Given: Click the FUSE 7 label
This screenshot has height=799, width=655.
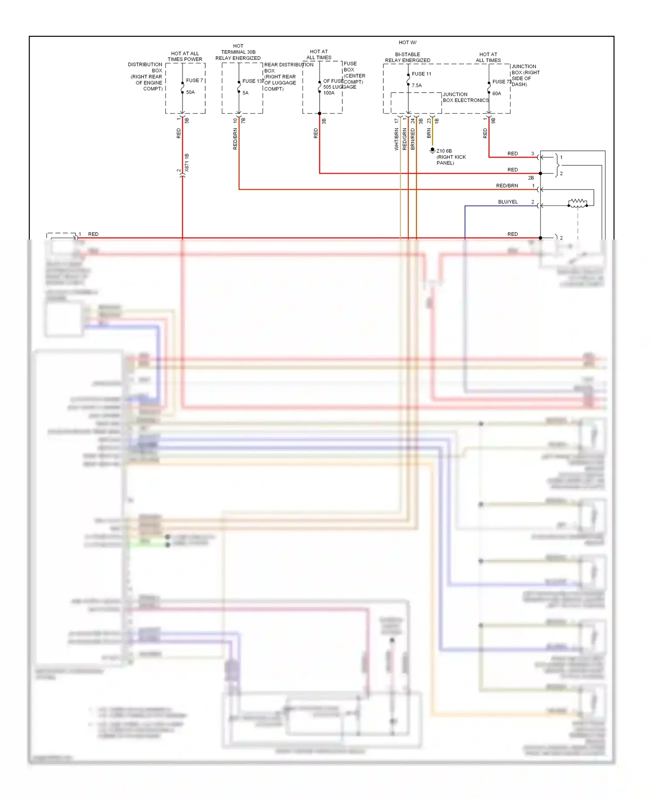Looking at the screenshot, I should point(194,80).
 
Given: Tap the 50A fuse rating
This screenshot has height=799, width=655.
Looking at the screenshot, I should point(190,92).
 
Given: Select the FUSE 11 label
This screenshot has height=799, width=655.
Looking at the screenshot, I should point(421,74).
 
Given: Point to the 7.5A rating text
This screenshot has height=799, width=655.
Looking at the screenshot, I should point(417,86).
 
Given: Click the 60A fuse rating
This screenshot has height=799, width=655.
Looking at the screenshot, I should point(496,94).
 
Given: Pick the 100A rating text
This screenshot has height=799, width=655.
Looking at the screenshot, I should point(328,93).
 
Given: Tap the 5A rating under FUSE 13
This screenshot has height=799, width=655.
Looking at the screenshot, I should point(245,93).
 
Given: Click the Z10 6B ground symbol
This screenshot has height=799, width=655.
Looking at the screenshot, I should point(432,150).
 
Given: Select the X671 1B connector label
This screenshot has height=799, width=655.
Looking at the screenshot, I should point(187,162).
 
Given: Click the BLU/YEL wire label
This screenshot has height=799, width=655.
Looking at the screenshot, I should point(507,202).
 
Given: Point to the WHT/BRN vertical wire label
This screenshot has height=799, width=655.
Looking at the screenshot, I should point(396,139).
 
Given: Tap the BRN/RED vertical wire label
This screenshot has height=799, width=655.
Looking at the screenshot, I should point(413,139).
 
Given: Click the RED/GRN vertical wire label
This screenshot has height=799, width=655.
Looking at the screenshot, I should point(405,139).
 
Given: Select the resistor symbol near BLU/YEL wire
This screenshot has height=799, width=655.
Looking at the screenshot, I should point(577,203).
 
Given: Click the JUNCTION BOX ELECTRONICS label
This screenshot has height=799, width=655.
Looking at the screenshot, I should point(465,97).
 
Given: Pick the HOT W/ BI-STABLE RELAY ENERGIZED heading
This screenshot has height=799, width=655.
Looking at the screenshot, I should point(407,52).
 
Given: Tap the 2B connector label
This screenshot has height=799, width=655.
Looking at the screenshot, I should point(531,178).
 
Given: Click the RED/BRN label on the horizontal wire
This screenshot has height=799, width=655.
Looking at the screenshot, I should point(507,186).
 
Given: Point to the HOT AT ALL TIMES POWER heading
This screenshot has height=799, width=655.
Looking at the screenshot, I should point(185,56).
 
